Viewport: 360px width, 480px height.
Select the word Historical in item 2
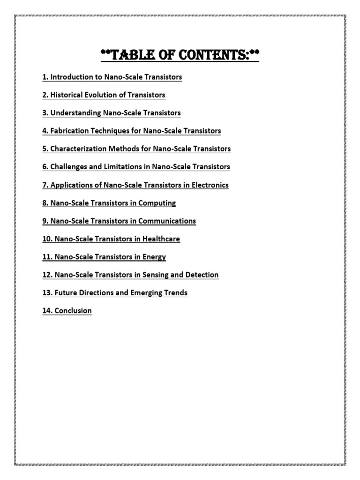point(68,95)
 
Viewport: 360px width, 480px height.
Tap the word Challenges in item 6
point(68,167)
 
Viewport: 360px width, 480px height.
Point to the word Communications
point(168,221)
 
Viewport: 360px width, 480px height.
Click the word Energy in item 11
point(155,257)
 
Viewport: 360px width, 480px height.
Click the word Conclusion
point(73,311)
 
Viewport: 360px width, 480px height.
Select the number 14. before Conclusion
point(47,311)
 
